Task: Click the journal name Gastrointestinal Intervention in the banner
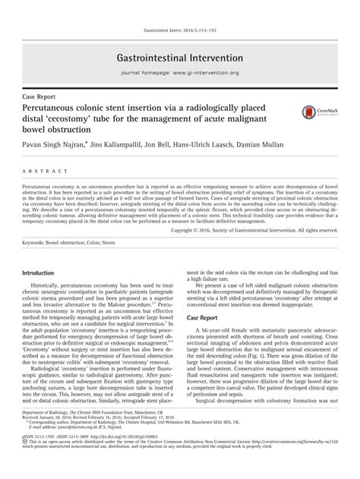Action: [179, 58]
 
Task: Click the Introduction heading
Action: [43, 272]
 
